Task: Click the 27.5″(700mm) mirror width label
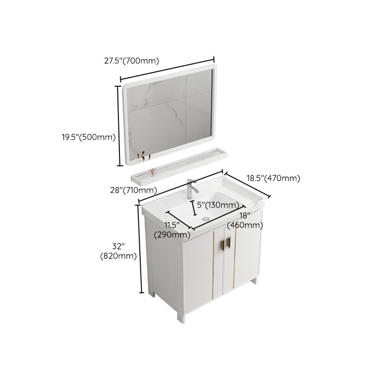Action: point(131,61)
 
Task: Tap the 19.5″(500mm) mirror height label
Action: point(89,137)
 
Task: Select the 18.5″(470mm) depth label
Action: point(273,178)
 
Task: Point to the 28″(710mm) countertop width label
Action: point(133,190)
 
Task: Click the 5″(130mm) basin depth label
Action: point(218,205)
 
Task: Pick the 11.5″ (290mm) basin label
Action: point(172,229)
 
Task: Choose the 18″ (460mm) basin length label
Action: point(244,220)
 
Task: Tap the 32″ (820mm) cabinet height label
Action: point(118,252)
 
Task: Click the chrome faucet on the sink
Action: point(190,190)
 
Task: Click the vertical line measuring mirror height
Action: point(118,126)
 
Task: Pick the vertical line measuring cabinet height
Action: point(141,253)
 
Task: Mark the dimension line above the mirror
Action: point(168,69)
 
